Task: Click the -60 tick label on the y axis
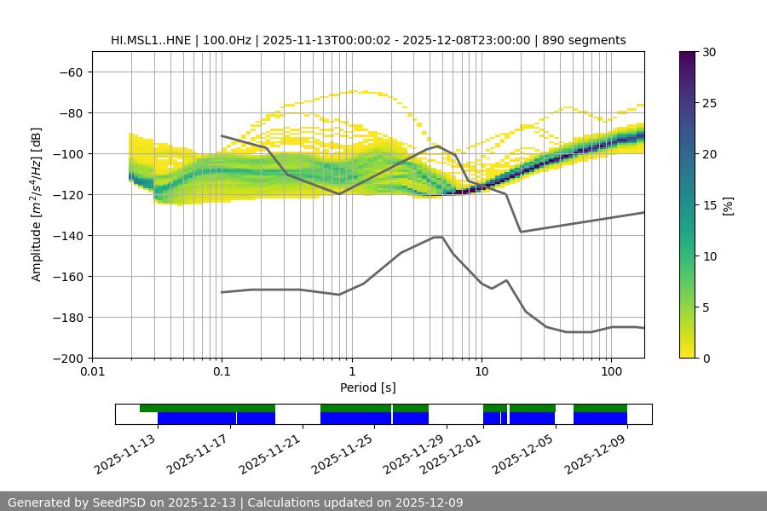pos(71,72)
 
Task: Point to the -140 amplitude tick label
pos(67,236)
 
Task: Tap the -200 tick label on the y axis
pos(67,359)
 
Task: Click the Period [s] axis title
pos(367,388)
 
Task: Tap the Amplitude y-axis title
pos(37,204)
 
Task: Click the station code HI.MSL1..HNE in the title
pos(151,40)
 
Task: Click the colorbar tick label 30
pos(708,52)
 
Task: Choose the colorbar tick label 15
pos(708,205)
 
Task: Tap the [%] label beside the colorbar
pos(728,205)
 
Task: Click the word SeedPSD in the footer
pos(127,502)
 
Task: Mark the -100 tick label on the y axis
pos(67,154)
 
